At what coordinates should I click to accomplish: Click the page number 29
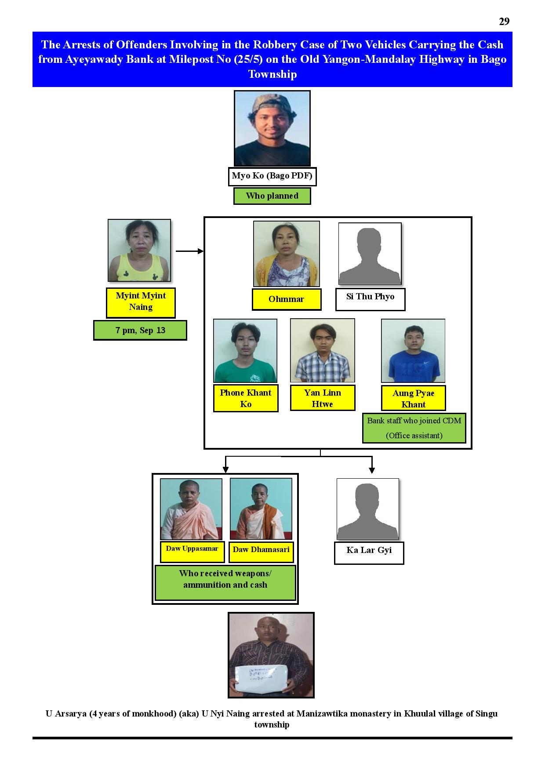[x=504, y=22]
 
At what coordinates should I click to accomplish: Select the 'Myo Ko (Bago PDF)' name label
[x=272, y=176]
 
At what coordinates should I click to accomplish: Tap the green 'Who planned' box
[x=272, y=196]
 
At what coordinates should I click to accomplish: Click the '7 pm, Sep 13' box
[x=140, y=330]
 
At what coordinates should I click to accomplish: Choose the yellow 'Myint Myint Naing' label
[x=141, y=302]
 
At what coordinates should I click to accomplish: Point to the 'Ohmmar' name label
[x=287, y=299]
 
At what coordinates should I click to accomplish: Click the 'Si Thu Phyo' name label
[x=370, y=299]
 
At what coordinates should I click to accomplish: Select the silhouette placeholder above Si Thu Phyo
[x=370, y=254]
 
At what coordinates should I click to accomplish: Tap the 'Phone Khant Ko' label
[x=246, y=398]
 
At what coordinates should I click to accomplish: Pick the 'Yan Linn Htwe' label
[x=323, y=398]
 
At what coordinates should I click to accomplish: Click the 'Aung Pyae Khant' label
[x=414, y=398]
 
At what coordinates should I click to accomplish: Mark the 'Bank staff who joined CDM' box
[x=414, y=428]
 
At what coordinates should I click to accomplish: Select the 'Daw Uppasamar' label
[x=192, y=552]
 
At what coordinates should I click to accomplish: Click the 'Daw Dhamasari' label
[x=261, y=552]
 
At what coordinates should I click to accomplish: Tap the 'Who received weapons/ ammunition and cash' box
[x=225, y=583]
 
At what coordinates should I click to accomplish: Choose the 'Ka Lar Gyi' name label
[x=369, y=553]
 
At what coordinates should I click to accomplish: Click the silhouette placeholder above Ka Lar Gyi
[x=368, y=509]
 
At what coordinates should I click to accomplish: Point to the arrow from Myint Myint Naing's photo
[x=190, y=251]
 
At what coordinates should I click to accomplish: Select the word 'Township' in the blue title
[x=272, y=74]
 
